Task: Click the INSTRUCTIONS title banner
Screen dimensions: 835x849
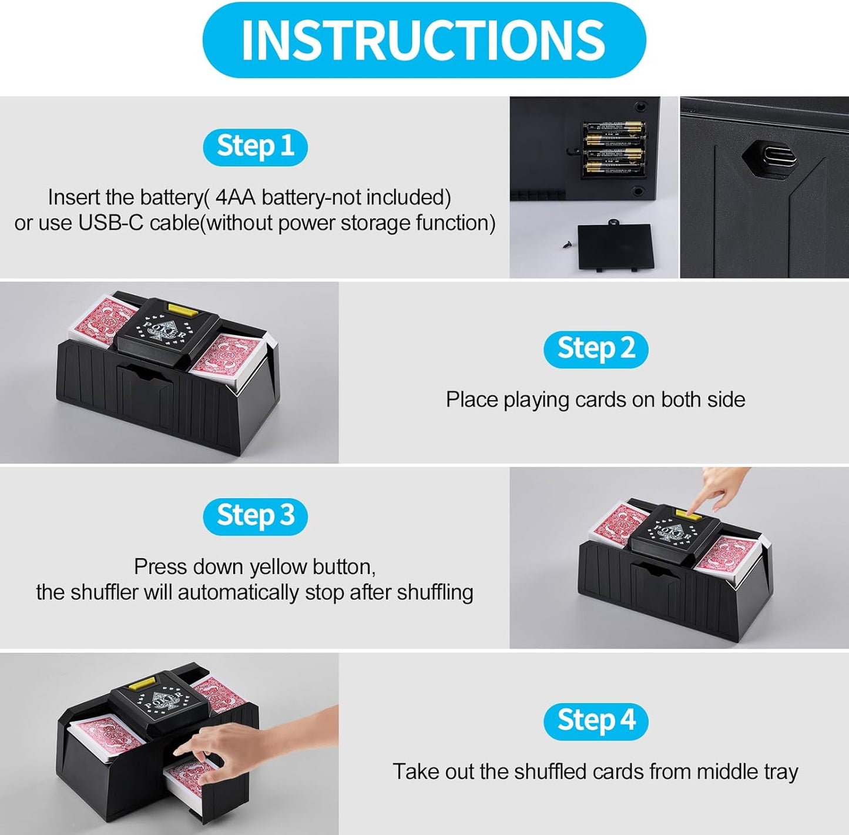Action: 424,39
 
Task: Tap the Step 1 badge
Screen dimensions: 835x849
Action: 255,147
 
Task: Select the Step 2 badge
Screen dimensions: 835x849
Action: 595,349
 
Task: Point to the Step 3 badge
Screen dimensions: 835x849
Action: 255,517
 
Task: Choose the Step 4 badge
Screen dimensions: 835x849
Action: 595,721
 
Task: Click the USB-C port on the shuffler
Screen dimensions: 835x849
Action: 770,156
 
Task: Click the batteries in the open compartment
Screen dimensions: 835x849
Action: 613,149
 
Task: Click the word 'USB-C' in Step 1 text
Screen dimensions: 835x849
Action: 110,223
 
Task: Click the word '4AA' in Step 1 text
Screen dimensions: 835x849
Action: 235,197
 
